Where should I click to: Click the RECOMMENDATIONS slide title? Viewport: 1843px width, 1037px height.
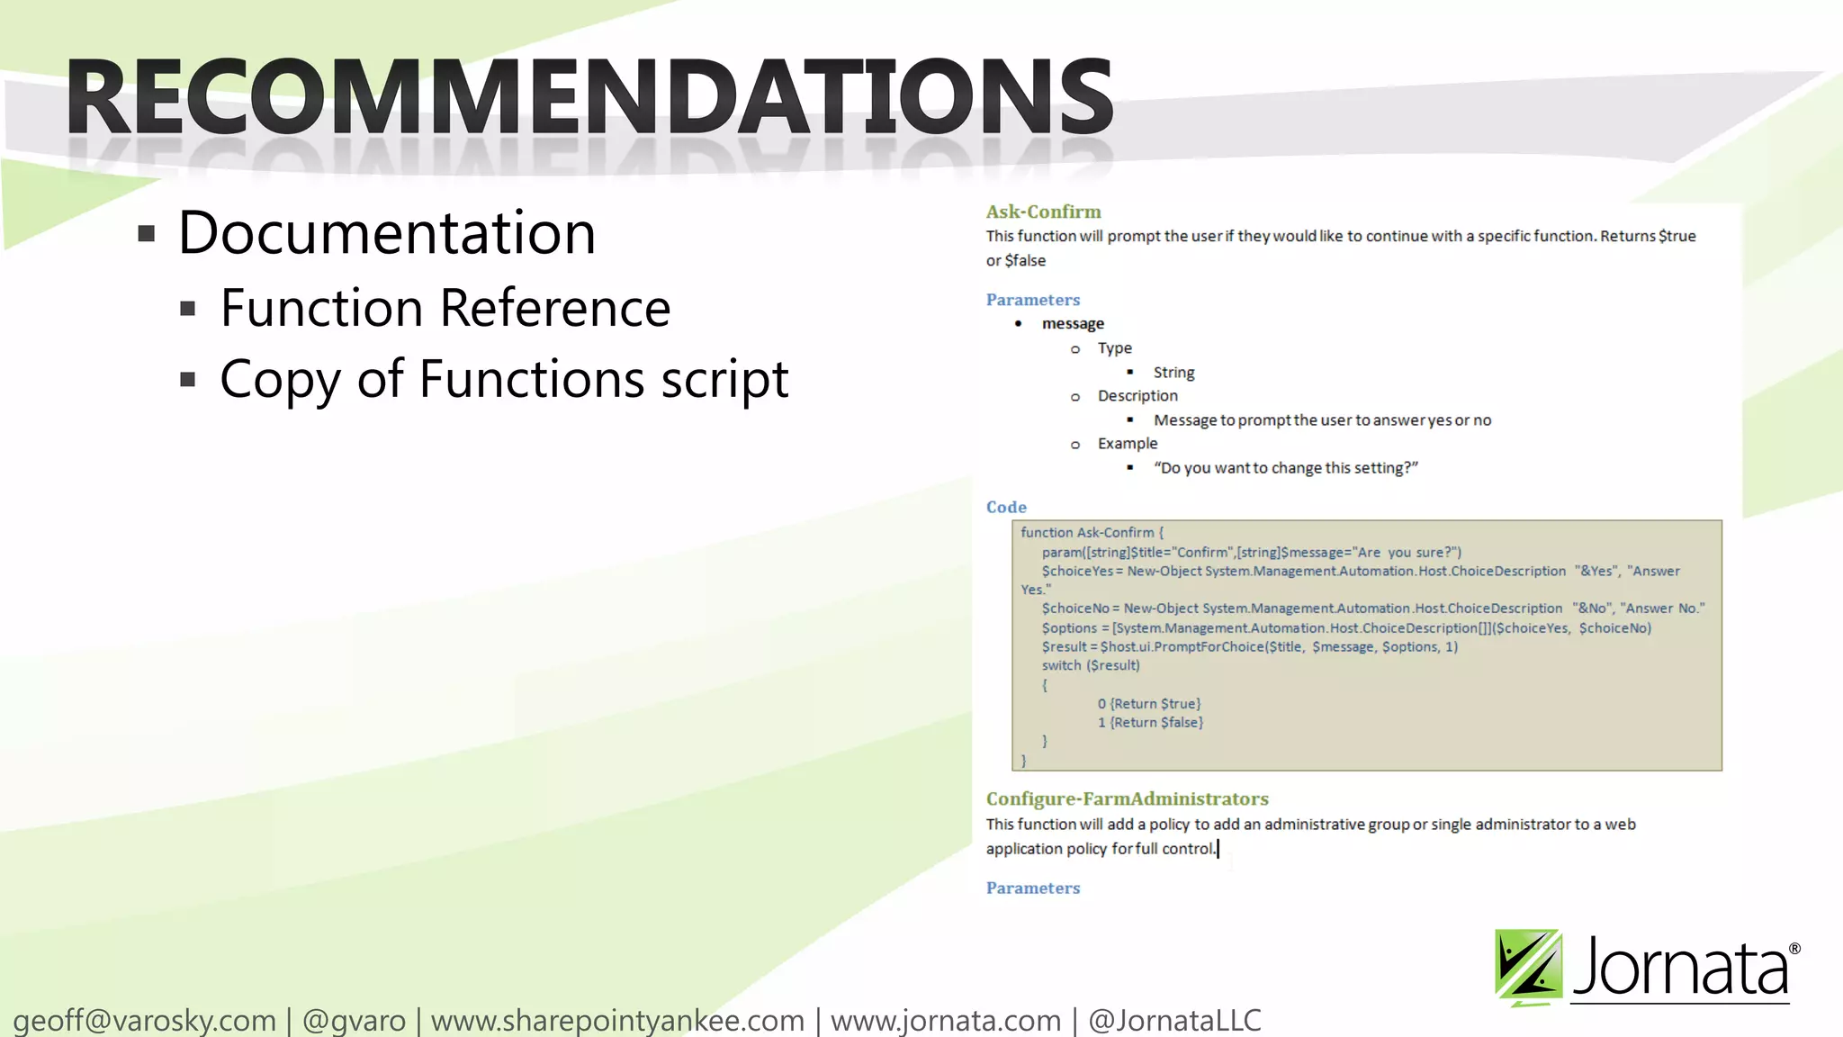pos(589,96)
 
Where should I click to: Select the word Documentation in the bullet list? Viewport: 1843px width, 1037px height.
pos(387,233)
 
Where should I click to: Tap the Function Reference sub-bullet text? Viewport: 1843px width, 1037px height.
pos(445,308)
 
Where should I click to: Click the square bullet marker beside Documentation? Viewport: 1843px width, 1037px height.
pos(147,235)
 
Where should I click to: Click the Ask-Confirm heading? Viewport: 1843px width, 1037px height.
pos(1043,212)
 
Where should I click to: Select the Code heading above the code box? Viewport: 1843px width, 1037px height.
pos(1006,507)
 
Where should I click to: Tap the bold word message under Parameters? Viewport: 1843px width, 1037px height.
pos(1073,323)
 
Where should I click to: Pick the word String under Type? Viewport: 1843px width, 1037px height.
pos(1173,372)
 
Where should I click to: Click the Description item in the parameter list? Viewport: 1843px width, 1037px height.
pos(1137,396)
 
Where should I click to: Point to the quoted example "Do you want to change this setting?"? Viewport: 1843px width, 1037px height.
pos(1285,468)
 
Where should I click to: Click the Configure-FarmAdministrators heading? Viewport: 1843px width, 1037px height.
pos(1127,799)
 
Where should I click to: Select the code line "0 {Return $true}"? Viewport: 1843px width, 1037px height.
pos(1149,704)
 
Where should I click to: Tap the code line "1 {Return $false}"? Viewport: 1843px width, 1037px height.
pos(1150,723)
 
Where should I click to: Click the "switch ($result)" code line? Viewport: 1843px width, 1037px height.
pos(1091,666)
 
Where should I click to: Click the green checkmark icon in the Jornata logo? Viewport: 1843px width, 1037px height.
pos(1528,967)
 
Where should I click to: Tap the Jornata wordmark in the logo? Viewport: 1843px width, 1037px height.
pos(1681,969)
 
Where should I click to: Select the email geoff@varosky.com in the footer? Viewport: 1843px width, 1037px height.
pos(145,1021)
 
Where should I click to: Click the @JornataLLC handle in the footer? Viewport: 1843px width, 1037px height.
pos(1174,1021)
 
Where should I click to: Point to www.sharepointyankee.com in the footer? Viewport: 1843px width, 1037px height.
pos(617,1021)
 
